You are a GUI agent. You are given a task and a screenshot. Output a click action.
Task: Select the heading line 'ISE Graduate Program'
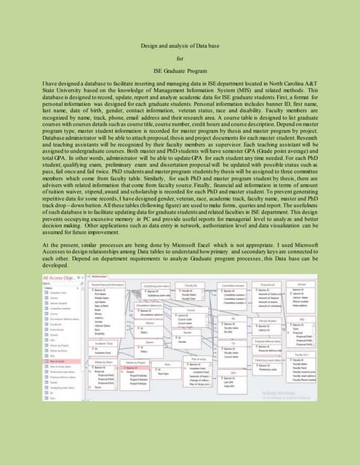coord(180,83)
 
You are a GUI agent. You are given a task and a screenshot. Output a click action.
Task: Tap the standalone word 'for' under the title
coord(180,65)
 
